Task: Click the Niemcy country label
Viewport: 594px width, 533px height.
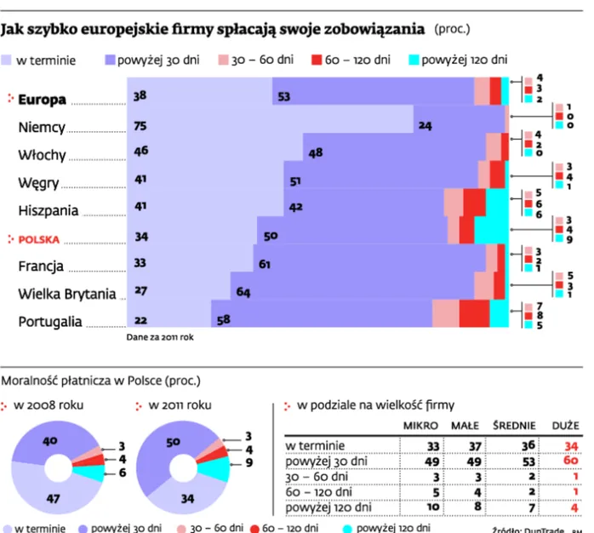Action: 41,127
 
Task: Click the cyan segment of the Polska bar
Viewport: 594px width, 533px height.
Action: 492,230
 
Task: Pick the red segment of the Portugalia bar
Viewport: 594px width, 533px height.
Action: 474,313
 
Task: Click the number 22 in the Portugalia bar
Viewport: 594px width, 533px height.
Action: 140,319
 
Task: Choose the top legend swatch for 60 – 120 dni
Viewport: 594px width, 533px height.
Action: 317,60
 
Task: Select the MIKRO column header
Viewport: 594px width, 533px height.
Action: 420,425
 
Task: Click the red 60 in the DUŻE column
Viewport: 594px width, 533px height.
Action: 570,460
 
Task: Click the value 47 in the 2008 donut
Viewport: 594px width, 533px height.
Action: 54,499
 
